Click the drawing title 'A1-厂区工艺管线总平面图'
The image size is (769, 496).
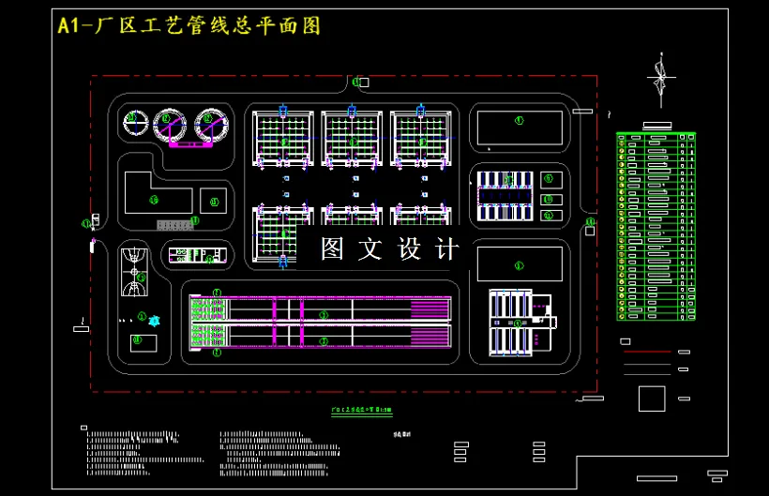[188, 26]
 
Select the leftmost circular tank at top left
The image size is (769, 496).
[137, 121]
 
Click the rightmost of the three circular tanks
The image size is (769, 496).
[212, 123]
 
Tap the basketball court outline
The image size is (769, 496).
[135, 269]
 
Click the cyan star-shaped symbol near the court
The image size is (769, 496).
[156, 321]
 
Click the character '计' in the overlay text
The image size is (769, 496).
[448, 249]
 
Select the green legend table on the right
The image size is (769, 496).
[656, 226]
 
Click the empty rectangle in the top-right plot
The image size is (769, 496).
[519, 128]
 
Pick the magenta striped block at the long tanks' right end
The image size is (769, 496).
[431, 322]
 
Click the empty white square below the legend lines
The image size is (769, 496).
[651, 398]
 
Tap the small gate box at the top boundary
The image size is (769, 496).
[364, 83]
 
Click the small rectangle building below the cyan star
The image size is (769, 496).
[143, 343]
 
